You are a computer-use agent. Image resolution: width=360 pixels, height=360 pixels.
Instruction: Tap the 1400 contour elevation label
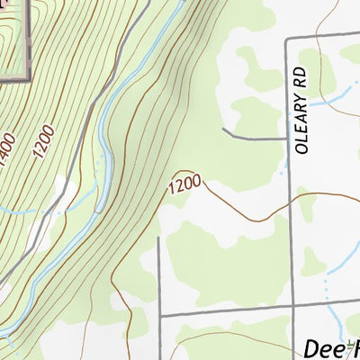10,157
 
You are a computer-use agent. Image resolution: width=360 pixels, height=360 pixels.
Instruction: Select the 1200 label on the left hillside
45,142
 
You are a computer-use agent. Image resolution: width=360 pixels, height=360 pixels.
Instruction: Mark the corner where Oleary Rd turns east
287,40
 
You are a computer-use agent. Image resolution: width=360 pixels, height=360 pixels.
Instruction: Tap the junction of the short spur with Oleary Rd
287,139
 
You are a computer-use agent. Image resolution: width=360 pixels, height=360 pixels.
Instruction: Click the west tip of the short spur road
223,130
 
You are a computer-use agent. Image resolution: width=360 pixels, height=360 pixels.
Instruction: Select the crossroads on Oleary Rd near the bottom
292,310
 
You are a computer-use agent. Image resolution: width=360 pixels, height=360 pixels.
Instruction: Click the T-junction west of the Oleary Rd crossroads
159,317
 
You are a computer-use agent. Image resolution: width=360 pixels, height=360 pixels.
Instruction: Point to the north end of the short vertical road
158,238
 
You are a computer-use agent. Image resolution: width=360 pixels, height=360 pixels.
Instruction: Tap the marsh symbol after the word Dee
351,348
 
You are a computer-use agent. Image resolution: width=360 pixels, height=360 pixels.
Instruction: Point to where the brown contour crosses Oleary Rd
289,206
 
